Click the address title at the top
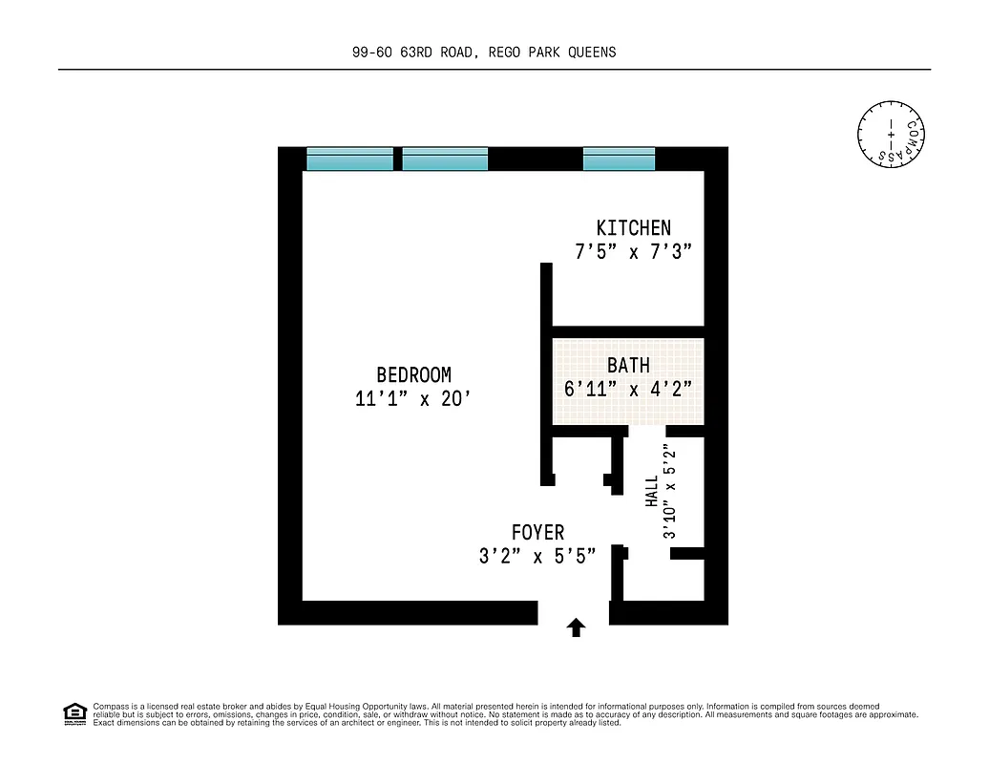(484, 53)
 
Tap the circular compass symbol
(893, 131)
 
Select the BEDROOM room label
(413, 375)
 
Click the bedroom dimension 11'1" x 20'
(413, 400)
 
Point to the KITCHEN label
(633, 228)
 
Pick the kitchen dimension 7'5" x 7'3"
(633, 253)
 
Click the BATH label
(628, 366)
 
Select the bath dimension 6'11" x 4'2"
(628, 390)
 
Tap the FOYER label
(537, 533)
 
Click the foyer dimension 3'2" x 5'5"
(537, 557)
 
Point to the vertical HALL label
(652, 493)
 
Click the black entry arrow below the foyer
(576, 626)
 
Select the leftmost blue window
(349, 159)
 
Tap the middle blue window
(445, 159)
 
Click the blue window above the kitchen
(619, 159)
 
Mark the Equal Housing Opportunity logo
(74, 713)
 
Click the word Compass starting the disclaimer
(108, 706)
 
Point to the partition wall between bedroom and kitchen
(547, 296)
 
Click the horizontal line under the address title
(494, 70)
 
